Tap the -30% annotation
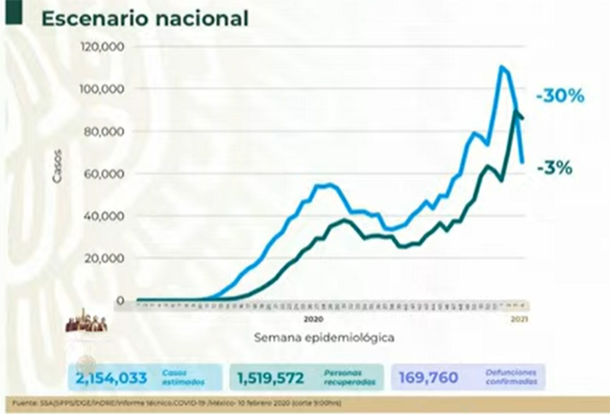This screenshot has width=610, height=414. coord(559,96)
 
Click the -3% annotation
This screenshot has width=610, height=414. coord(555,168)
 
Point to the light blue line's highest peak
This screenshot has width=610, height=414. coord(502,67)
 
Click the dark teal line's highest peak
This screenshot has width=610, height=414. coord(515,112)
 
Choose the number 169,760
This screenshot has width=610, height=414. coord(429,377)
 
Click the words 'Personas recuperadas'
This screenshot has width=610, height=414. coord(358,377)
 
